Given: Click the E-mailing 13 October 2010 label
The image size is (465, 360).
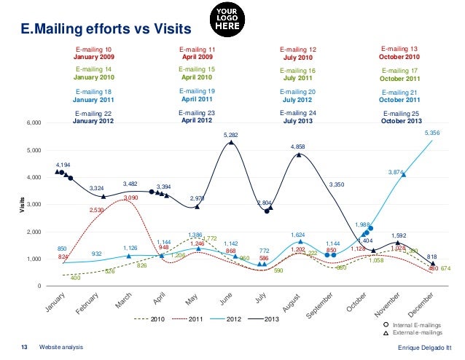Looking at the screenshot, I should pyautogui.click(x=399, y=52).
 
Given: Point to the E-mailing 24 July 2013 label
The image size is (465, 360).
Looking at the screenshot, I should pyautogui.click(x=297, y=117).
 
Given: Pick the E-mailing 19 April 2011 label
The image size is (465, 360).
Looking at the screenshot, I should pyautogui.click(x=196, y=95).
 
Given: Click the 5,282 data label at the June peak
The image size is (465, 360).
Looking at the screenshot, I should pyautogui.click(x=230, y=136).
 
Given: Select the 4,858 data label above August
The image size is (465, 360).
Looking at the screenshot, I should pyautogui.click(x=297, y=147).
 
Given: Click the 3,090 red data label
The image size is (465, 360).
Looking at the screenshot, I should pyautogui.click(x=131, y=197).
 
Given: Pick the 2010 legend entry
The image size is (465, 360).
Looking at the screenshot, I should pyautogui.click(x=164, y=320).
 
